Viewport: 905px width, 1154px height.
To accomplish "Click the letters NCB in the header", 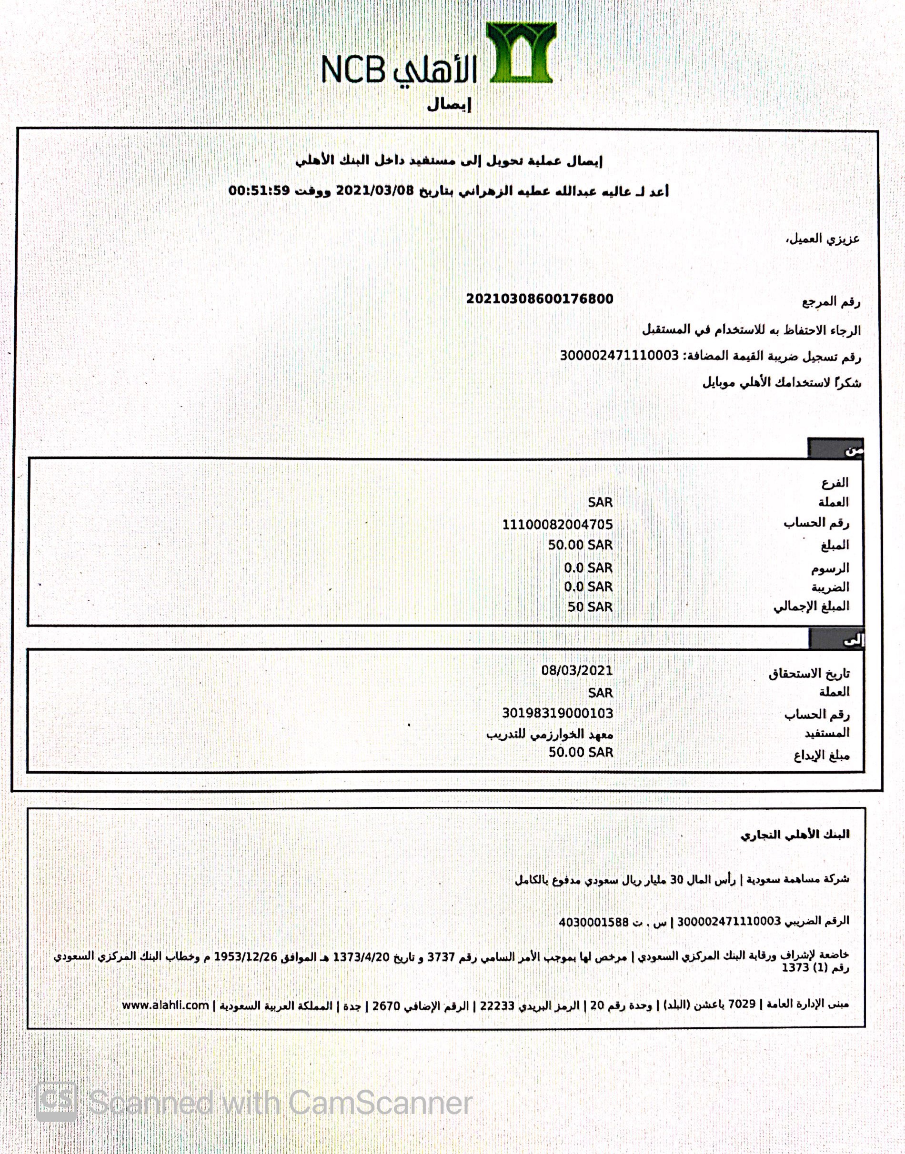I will pyautogui.click(x=353, y=70).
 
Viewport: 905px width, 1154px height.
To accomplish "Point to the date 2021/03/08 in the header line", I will pyautogui.click(x=374, y=190).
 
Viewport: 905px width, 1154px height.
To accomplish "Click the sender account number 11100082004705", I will pyautogui.click(x=557, y=524).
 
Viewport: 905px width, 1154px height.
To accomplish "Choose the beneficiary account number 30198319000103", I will pyautogui.click(x=557, y=713).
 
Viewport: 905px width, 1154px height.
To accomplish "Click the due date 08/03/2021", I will pyautogui.click(x=576, y=670).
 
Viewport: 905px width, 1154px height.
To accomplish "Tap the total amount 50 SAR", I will pyautogui.click(x=590, y=607).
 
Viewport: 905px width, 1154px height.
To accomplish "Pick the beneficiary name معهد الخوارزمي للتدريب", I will pyautogui.click(x=550, y=734).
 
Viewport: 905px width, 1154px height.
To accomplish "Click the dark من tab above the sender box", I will pyautogui.click(x=835, y=449).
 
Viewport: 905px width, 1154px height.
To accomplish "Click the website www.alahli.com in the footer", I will pyautogui.click(x=165, y=1005).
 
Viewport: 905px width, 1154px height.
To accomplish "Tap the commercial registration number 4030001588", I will pyautogui.click(x=593, y=922).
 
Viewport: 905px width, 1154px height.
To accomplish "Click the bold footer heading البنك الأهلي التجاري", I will pyautogui.click(x=794, y=835).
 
